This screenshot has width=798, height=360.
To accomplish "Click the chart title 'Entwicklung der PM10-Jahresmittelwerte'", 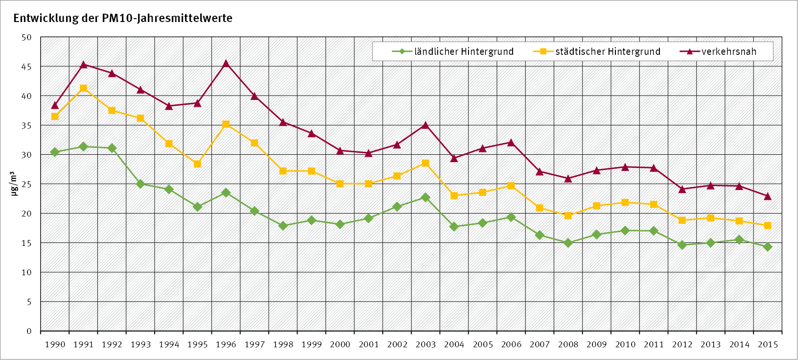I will coord(123,19).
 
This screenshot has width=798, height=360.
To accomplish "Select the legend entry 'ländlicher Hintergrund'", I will coord(464,51).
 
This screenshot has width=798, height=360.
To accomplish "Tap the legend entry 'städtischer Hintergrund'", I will coord(607,51).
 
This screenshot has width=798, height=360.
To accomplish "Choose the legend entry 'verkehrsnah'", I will coord(728,51).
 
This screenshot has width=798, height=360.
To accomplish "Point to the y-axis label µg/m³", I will coord(14,184).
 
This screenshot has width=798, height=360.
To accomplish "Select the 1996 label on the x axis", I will coord(226,344).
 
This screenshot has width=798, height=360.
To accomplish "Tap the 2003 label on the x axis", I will coord(425,344).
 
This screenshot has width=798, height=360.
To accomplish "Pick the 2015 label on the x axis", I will coord(767,344).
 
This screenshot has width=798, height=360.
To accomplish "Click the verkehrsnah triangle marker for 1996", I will coord(226,64).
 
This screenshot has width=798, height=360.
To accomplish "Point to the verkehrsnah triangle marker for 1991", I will coord(83,65).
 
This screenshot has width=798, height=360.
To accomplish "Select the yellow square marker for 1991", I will coord(83,88).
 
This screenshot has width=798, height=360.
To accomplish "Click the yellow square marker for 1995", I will coord(197,164).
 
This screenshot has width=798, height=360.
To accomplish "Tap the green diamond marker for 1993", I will coord(141,184).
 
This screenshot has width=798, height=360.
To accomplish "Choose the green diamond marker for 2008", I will coord(568,242).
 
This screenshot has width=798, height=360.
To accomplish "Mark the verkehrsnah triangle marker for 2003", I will coord(425,125).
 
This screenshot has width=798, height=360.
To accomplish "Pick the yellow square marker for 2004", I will coord(454,195).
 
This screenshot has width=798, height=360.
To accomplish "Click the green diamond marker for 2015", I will coord(767,247).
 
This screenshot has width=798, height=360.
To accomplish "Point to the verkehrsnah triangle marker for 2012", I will coord(682,189).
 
